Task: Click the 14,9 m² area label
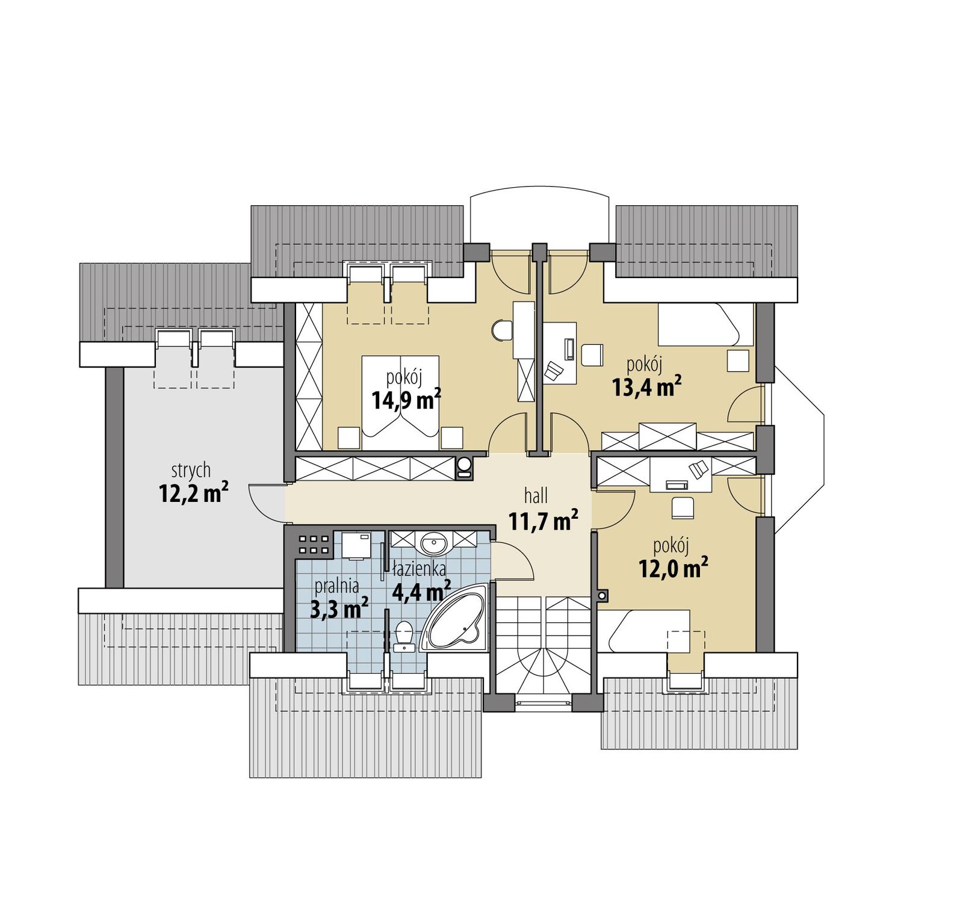coord(406,400)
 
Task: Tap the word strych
coord(191,469)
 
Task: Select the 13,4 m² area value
coord(646,387)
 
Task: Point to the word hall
coord(536,496)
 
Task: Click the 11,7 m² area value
coord(543,521)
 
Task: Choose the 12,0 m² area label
coord(673,568)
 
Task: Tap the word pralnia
coord(336,586)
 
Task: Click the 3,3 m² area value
coord(339,609)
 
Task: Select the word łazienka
coord(419,568)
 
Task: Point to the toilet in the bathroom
coord(404,636)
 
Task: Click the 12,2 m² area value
coord(193,494)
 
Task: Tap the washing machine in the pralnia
coord(356,545)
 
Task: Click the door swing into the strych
coord(265,503)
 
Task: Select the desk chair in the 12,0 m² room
coord(683,507)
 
